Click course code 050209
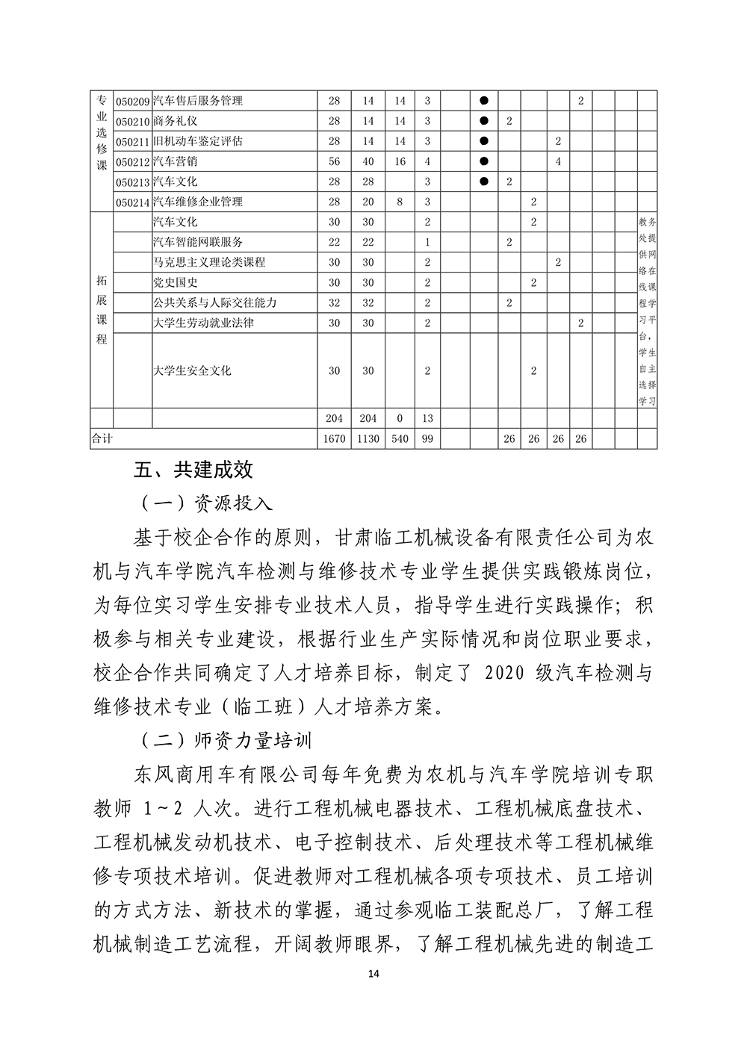[x=132, y=101]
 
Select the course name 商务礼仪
[x=175, y=121]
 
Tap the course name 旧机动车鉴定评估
[x=197, y=141]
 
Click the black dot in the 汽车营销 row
[x=483, y=161]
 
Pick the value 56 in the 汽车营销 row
[x=334, y=161]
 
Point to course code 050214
[x=132, y=202]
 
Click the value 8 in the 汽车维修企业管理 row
[x=400, y=202]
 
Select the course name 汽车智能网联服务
[x=197, y=242]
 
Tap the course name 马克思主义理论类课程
[x=208, y=262]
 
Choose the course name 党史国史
[x=175, y=282]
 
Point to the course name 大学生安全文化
[x=192, y=370]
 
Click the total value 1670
[x=334, y=439]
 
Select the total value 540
[x=400, y=439]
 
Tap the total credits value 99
[x=427, y=439]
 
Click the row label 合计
[x=102, y=439]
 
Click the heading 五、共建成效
[x=193, y=470]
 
